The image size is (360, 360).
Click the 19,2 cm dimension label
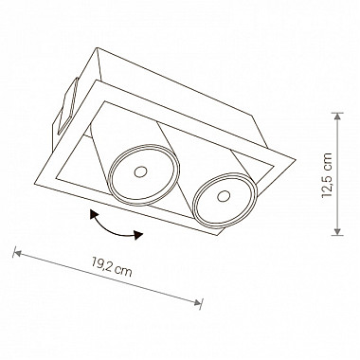(112, 267)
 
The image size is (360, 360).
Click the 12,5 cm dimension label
(327, 175)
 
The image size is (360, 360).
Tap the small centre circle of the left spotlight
(140, 171)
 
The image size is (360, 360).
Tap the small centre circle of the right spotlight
(224, 196)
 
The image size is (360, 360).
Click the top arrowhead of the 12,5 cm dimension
(338, 117)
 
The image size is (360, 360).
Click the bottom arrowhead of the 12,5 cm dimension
(338, 231)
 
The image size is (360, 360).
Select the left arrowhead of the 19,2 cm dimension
(17, 253)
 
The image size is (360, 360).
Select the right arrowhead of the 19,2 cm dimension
(197, 302)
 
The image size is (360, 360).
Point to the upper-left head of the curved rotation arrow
(94, 214)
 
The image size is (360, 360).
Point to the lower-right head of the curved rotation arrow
(138, 235)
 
